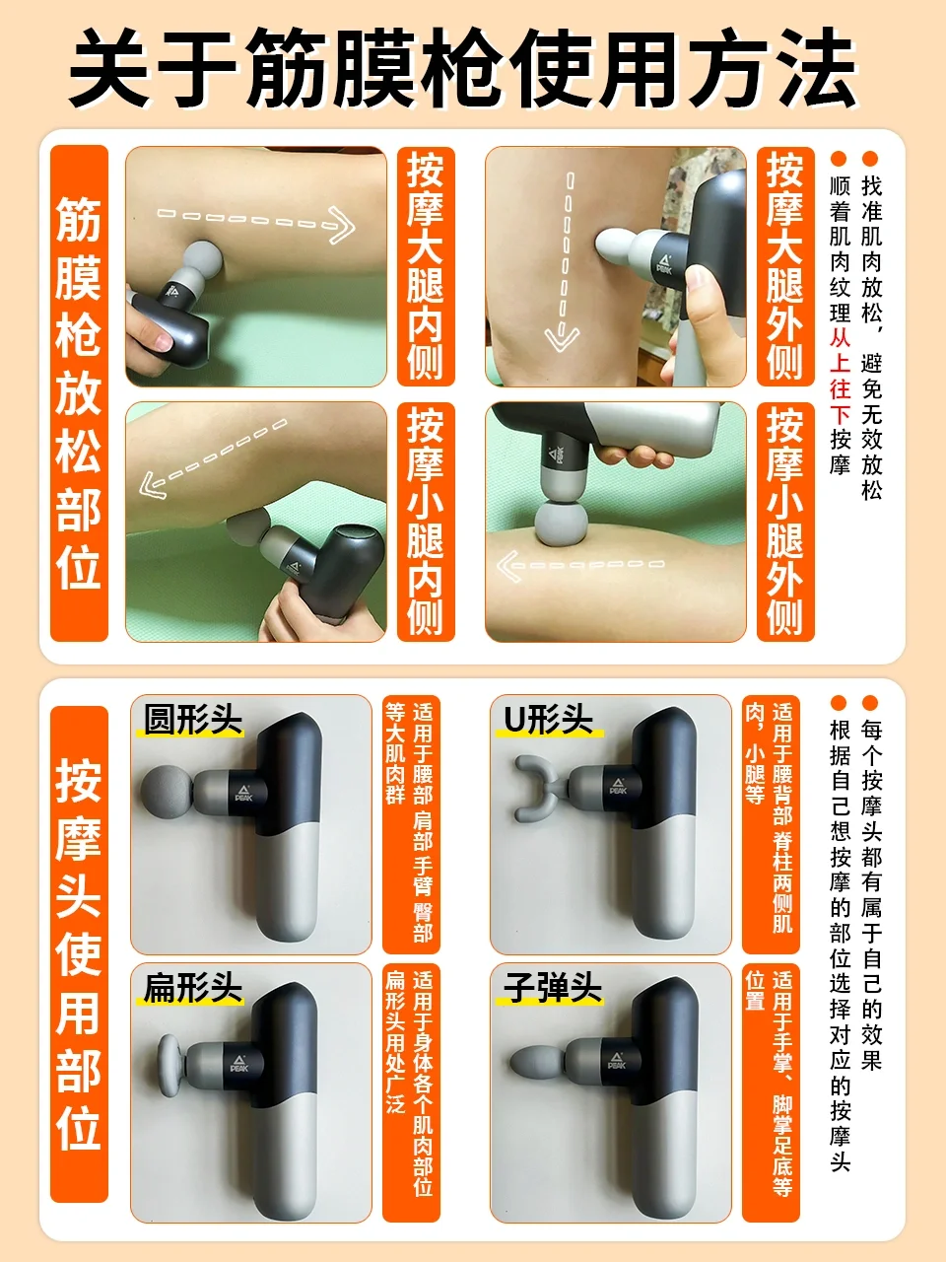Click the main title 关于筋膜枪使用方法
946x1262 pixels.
pos(463,69)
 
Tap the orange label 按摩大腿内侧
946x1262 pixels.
pos(426,266)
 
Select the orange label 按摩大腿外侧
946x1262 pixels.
pos(785,266)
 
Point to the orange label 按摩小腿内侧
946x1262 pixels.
pos(426,522)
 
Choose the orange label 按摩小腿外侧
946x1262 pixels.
pos(785,522)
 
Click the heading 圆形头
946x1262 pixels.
pos(192,720)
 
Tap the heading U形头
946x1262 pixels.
pos(548,720)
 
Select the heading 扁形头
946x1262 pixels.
pos(192,988)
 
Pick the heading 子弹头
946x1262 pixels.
pos(552,988)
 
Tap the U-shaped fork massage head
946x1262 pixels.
pos(538,788)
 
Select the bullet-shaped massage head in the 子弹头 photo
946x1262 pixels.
pos(538,1063)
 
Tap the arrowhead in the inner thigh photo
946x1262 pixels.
pos(342,225)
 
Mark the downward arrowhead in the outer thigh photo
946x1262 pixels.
pos(561,339)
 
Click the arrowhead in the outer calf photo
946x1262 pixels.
pos(509,566)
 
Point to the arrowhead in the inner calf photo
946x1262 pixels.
pos(153,485)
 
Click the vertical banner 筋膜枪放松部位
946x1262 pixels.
pos(79,393)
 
